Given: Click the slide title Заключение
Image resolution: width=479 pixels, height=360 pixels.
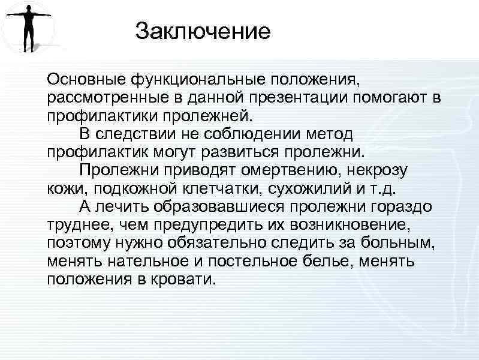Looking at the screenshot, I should [203, 31].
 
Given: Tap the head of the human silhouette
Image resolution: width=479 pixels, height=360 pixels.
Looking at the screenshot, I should [28, 8].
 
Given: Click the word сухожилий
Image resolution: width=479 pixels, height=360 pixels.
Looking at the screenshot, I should [312, 188].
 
